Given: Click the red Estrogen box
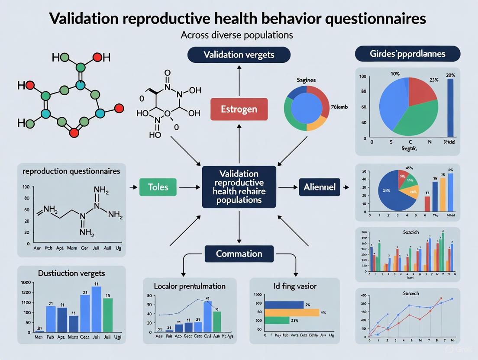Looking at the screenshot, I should [239, 109].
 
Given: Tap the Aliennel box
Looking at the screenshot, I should [320, 187].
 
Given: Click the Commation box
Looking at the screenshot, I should [239, 254].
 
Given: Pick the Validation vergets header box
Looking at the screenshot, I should [239, 55].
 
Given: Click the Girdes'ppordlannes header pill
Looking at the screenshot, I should [407, 55].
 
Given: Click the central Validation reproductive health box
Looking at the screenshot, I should [239, 186].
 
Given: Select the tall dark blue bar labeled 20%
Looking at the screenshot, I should [450, 107].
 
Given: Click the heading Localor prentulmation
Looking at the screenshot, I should [190, 286].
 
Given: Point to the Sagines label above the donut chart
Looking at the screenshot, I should [306, 80].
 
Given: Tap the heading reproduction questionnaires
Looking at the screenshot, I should [71, 171].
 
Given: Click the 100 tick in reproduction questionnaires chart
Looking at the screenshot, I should [25, 187].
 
